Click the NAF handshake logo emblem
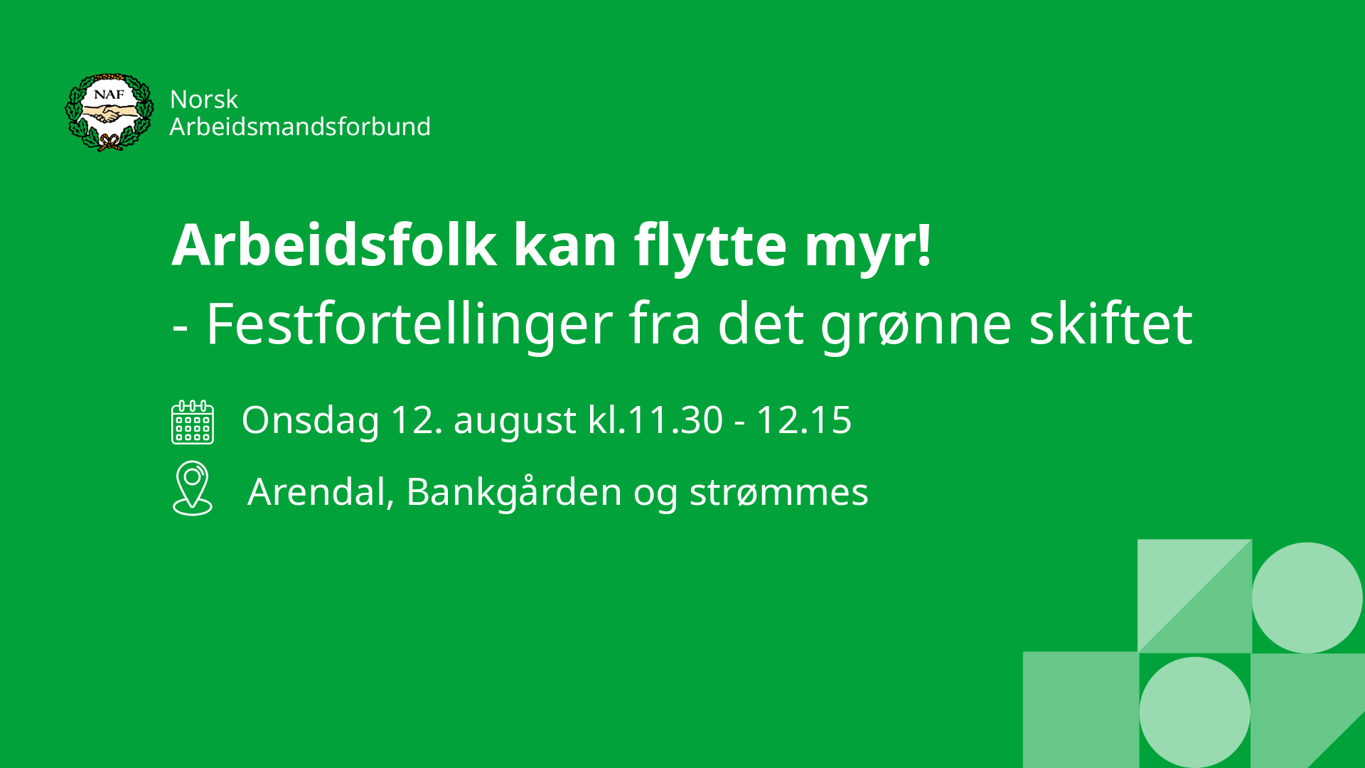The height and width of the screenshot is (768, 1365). point(109,112)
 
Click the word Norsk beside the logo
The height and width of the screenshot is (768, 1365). point(204,100)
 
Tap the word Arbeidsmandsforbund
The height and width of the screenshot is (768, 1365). point(300,127)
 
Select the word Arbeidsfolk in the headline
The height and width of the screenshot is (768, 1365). point(334,245)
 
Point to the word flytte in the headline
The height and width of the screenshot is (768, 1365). point(710,247)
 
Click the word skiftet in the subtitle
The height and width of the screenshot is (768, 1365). point(1110,323)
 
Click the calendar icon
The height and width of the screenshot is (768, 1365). point(193,422)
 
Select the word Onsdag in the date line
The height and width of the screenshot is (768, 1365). point(310,421)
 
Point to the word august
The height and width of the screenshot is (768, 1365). point(515,422)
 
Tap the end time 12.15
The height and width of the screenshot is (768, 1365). point(803,420)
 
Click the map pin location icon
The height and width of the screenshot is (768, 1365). point(193,489)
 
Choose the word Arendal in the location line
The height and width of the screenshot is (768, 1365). point(321,492)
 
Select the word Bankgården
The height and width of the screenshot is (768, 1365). point(514,492)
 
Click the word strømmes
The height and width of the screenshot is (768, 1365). point(778,493)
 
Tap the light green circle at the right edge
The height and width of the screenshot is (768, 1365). point(1307,598)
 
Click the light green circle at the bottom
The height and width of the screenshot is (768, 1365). point(1194,712)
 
